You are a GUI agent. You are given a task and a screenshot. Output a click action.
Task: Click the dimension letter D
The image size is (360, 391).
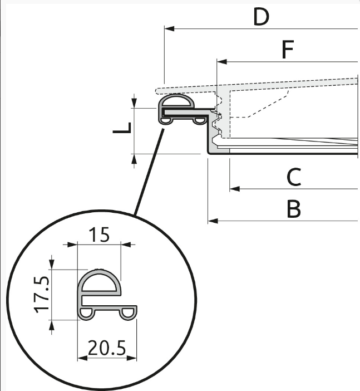click(x=261, y=17)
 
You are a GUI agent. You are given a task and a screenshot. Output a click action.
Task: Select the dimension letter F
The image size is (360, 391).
click(x=288, y=49)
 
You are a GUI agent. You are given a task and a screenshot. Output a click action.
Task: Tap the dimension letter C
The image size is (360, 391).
click(x=294, y=177)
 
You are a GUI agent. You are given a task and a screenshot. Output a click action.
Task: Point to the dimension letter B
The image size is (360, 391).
click(x=294, y=208)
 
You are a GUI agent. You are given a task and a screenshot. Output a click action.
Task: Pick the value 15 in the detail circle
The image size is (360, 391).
click(x=99, y=234)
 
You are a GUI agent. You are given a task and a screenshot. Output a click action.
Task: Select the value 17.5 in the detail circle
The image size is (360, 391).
click(x=42, y=294)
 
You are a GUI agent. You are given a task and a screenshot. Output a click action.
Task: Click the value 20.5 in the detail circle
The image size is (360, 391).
click(x=107, y=348)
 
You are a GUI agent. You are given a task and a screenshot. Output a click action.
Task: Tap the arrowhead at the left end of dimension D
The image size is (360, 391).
click(x=169, y=28)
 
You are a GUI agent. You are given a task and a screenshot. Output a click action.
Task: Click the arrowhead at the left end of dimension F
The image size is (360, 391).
click(x=221, y=62)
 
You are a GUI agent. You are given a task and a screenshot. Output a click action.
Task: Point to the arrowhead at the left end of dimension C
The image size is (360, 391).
click(x=234, y=189)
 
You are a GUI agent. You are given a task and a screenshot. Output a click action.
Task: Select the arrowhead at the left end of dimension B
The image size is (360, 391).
click(x=213, y=221)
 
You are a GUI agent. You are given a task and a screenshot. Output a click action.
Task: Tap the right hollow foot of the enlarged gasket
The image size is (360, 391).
click(x=129, y=314)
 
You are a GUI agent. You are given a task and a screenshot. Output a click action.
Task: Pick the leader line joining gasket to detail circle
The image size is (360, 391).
click(x=149, y=172)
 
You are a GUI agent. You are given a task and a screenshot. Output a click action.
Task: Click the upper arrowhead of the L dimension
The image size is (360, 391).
click(x=134, y=102)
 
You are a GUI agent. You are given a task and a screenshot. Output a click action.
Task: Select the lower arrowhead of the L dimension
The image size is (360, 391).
click(x=134, y=159)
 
